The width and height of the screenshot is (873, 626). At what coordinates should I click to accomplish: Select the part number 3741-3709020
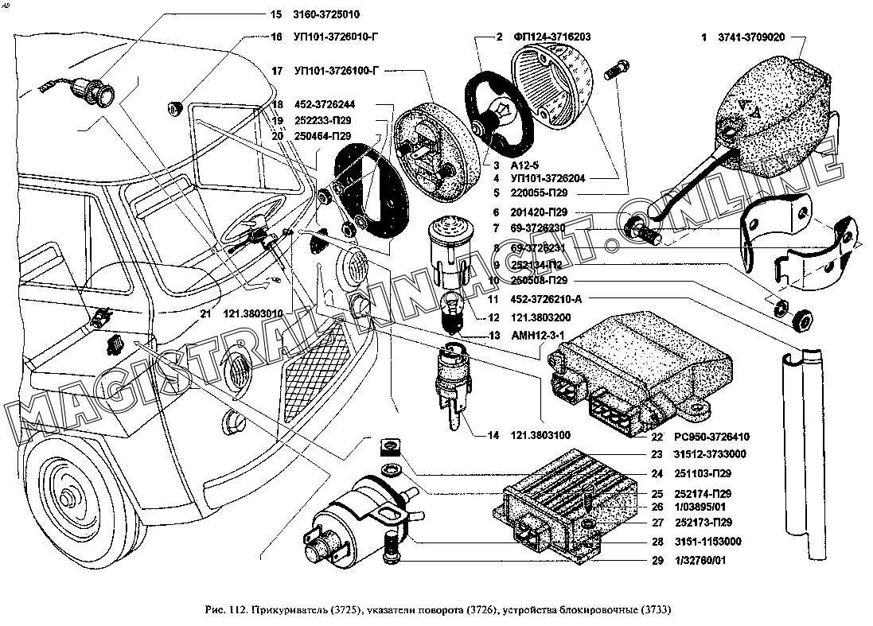(x=752, y=37)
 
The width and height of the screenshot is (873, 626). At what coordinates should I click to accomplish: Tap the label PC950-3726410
(x=711, y=437)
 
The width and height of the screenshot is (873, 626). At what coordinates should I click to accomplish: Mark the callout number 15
(x=276, y=15)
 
